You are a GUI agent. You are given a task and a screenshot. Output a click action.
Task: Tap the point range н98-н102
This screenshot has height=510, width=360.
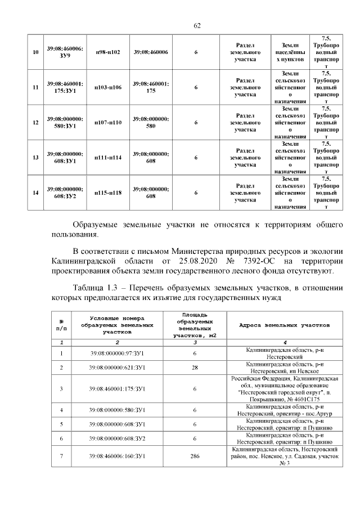point(107,52)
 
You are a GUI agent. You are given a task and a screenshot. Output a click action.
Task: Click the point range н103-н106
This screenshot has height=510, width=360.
point(107,87)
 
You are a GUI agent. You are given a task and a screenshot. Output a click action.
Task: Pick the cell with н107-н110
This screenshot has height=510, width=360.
point(107,122)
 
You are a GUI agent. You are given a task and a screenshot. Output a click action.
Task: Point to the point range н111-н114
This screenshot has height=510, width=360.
point(107,158)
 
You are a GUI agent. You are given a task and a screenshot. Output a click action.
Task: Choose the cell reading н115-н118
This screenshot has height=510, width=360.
point(107,193)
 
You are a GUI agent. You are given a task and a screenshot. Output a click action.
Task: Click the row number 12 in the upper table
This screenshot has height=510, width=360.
point(35,122)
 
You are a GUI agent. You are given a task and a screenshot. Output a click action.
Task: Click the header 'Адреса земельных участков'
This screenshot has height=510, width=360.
point(285,325)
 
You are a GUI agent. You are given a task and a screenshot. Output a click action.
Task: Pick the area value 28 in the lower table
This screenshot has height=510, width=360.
point(194,368)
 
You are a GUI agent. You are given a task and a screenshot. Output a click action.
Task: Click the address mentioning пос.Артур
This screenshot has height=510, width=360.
point(285,409)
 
